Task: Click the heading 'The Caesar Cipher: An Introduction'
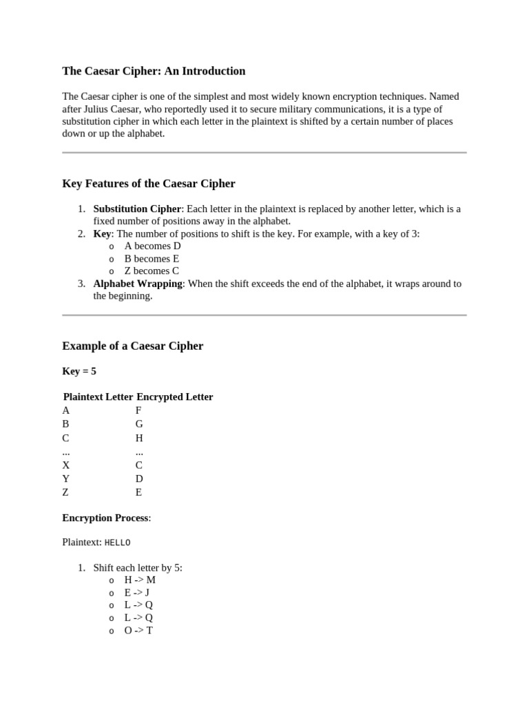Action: click(154, 71)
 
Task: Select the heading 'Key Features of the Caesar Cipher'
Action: click(149, 184)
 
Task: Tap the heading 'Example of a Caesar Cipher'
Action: click(133, 346)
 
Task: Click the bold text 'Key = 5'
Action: click(79, 371)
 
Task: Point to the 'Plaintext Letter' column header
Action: click(98, 397)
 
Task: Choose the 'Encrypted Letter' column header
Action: click(175, 397)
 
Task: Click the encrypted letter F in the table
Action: click(138, 410)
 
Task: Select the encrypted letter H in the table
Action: click(139, 438)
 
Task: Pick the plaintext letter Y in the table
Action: click(66, 478)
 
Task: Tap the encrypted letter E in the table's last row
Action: click(138, 492)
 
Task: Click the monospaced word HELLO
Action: click(117, 543)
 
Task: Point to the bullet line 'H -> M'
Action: click(140, 580)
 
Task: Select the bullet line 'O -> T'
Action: click(138, 630)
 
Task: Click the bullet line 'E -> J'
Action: click(137, 593)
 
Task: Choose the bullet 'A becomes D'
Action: click(152, 246)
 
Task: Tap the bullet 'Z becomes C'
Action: click(152, 271)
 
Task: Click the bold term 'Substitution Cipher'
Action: click(137, 209)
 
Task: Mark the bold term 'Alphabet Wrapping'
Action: click(138, 284)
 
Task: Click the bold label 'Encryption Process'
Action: click(105, 518)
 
